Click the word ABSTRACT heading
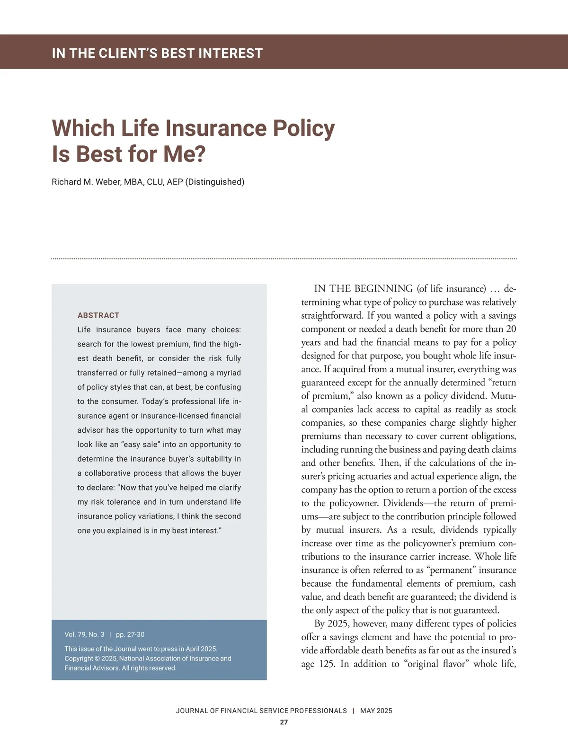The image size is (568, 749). (x=98, y=315)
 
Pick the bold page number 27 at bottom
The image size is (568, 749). (x=284, y=722)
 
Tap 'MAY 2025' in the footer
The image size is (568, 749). (x=376, y=711)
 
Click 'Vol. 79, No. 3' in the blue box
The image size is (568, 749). (x=84, y=634)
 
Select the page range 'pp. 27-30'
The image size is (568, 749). (x=130, y=634)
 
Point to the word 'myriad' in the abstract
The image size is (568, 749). (x=229, y=373)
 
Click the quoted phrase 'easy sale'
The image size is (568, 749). (x=141, y=445)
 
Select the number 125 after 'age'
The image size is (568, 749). (x=327, y=664)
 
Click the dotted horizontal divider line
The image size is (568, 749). (x=284, y=259)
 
